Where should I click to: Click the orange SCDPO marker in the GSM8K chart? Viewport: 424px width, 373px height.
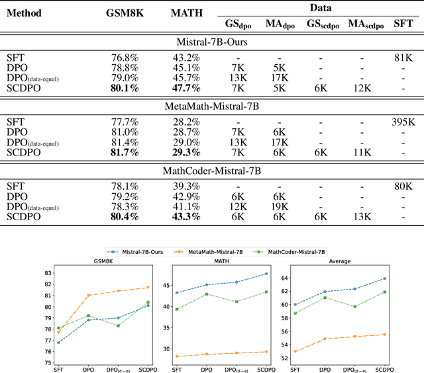point(148,288)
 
